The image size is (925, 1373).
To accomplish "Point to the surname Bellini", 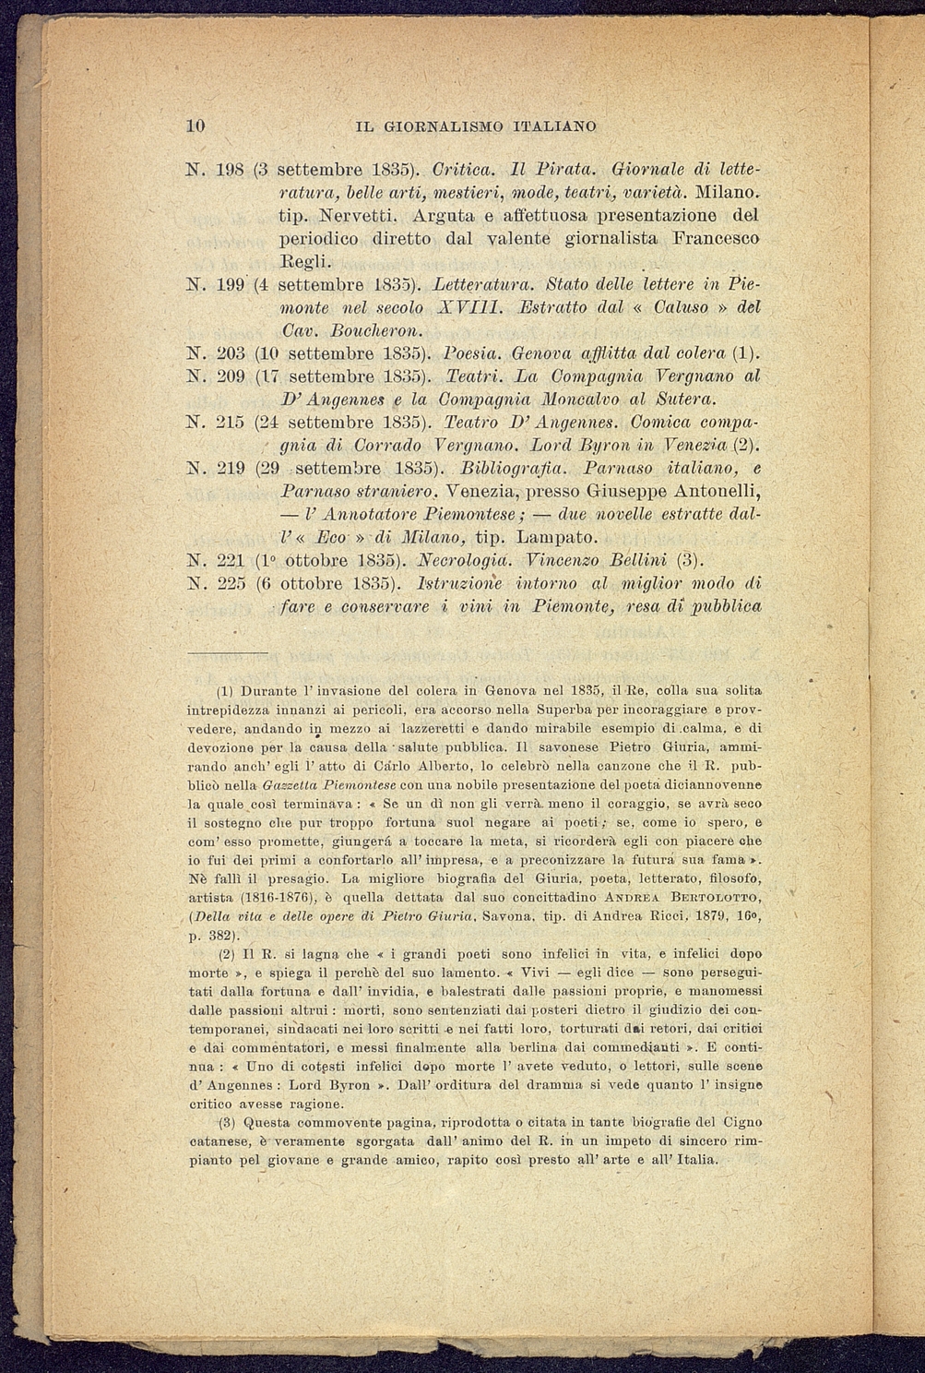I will tap(621, 560).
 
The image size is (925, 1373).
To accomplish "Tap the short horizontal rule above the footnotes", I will tap(226, 652).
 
